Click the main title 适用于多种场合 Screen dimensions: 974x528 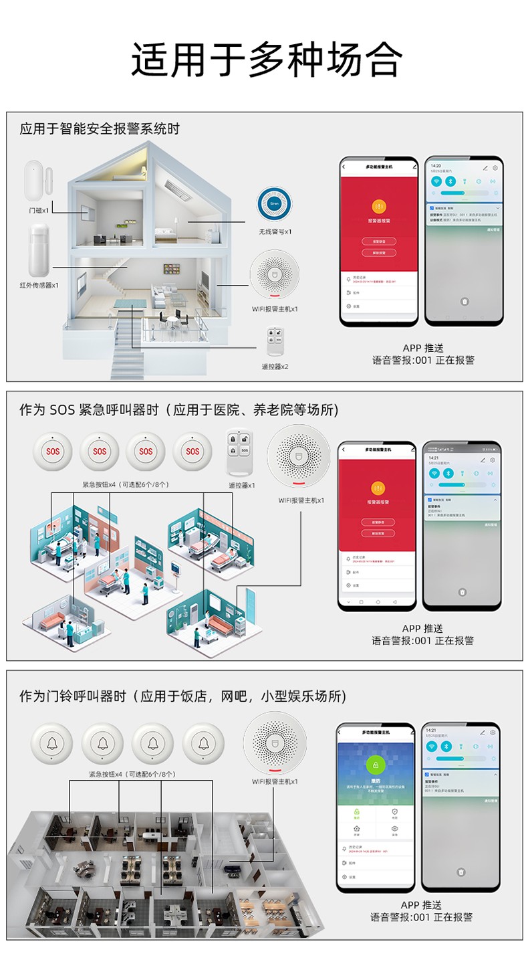(x=266, y=61)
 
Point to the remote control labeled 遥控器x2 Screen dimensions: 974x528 (x=274, y=340)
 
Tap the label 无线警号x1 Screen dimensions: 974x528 (x=275, y=231)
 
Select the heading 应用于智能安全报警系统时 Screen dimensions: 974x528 (x=100, y=128)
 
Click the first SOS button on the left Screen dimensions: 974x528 (x=53, y=452)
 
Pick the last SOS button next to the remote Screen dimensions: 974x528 (x=192, y=452)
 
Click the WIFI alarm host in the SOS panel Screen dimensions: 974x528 (x=299, y=456)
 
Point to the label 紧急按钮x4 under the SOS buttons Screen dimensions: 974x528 (x=125, y=484)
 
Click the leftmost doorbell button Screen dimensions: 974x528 (x=51, y=744)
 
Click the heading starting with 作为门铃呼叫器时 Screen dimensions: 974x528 (x=182, y=696)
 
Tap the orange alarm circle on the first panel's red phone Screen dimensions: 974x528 (x=378, y=206)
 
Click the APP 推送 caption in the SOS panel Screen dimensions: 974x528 (x=422, y=629)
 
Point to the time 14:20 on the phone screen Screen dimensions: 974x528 (x=436, y=165)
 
